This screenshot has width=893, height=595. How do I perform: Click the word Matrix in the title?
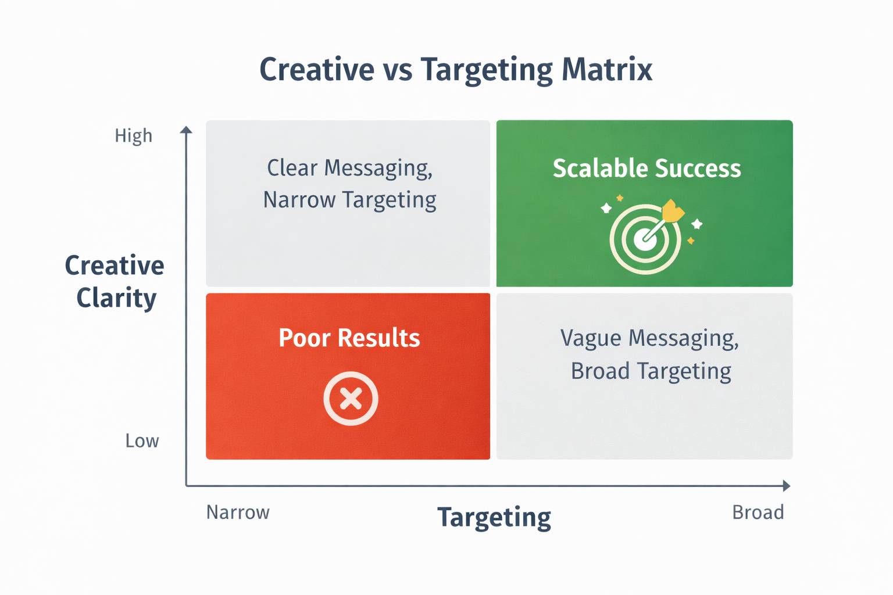click(x=607, y=70)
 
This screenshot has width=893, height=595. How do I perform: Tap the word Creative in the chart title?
click(x=316, y=70)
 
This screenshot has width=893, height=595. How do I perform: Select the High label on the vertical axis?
click(x=133, y=136)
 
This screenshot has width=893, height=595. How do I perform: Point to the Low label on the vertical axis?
click(x=142, y=441)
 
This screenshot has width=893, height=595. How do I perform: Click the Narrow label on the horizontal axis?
click(x=238, y=512)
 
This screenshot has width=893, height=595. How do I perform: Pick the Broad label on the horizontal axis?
click(x=758, y=512)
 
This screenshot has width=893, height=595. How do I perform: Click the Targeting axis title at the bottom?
click(x=494, y=517)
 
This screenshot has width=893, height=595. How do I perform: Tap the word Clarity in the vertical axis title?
click(x=116, y=298)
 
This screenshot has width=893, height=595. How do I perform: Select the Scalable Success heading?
click(x=646, y=169)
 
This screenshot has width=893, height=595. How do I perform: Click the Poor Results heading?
click(x=349, y=338)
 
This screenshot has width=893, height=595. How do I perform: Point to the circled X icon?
click(x=351, y=399)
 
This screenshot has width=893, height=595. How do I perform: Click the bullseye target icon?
click(x=645, y=239)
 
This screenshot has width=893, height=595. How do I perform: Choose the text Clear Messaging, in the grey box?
click(x=349, y=168)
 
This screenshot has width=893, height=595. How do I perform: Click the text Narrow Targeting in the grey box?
click(x=349, y=200)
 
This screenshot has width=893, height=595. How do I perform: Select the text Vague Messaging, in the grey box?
click(x=649, y=338)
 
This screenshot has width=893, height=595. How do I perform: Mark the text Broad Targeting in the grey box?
click(x=651, y=371)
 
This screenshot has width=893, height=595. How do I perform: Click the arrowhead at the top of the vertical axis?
click(x=186, y=130)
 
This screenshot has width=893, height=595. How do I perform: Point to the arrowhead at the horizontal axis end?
click(x=786, y=486)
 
